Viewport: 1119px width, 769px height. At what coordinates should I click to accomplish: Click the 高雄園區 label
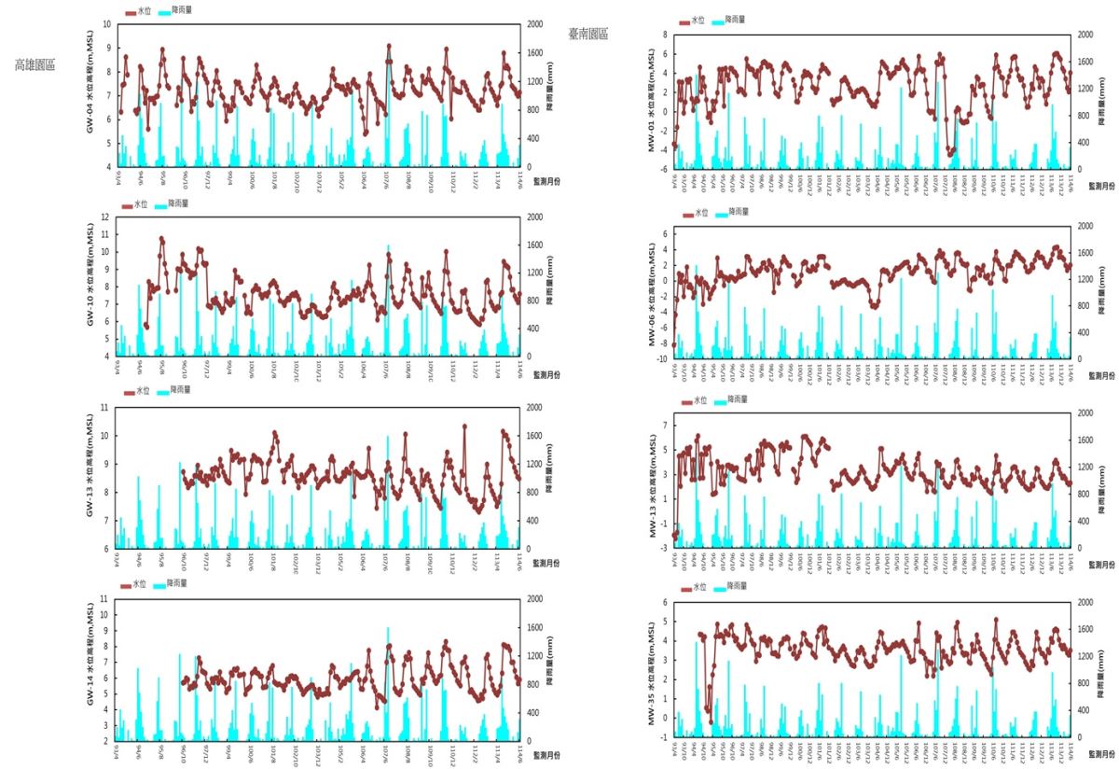pyautogui.click(x=35, y=65)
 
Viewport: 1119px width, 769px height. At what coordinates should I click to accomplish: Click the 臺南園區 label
pyautogui.click(x=587, y=34)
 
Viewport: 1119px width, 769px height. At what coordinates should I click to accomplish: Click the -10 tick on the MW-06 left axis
pyautogui.click(x=664, y=358)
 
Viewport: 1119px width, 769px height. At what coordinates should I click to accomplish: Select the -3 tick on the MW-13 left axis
pyautogui.click(x=666, y=547)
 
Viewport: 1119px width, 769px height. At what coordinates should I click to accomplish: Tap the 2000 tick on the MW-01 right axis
pyautogui.click(x=1084, y=35)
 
